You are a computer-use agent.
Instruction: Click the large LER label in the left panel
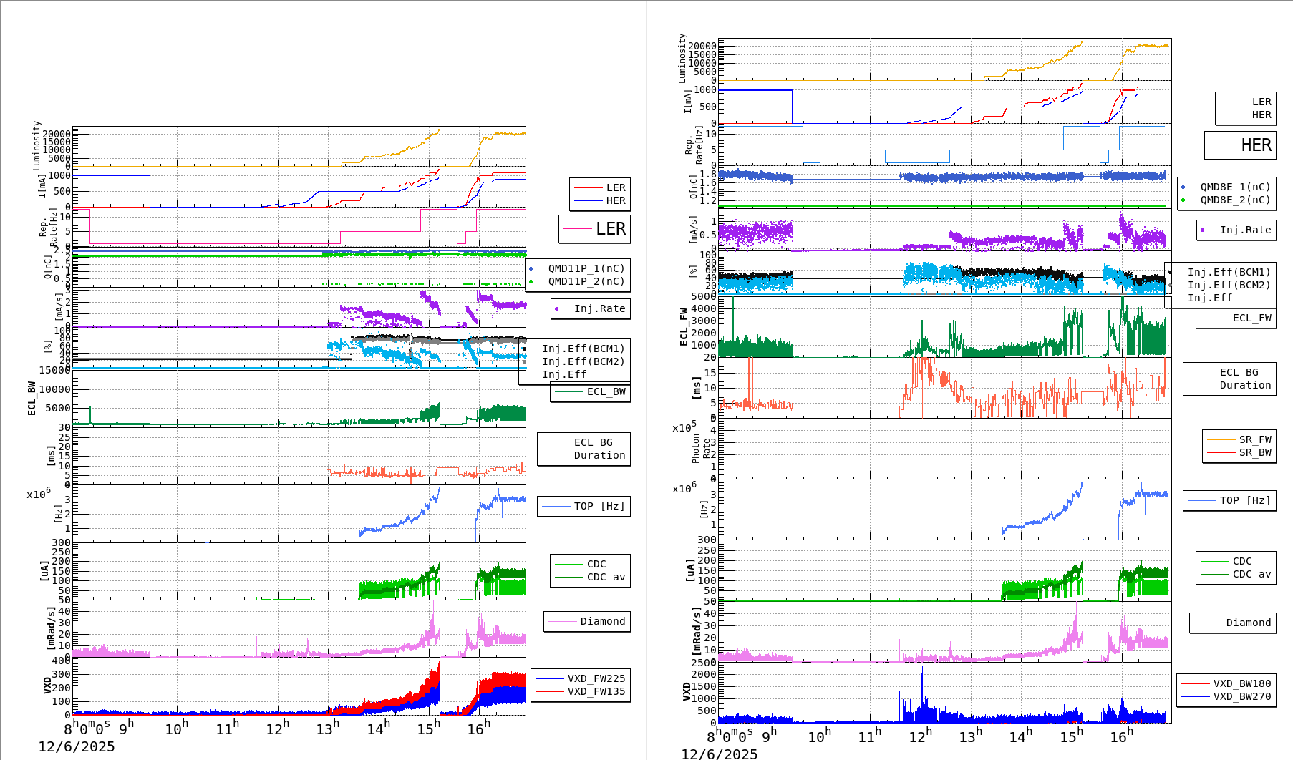click(x=611, y=229)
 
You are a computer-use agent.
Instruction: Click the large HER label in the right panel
click(x=1256, y=145)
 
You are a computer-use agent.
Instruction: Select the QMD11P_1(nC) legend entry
click(x=586, y=268)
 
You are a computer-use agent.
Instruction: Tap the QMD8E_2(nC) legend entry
click(x=1235, y=200)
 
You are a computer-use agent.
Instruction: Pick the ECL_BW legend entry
click(x=606, y=391)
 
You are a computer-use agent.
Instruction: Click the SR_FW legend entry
click(x=1255, y=439)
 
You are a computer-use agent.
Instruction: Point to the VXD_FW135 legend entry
click(x=596, y=691)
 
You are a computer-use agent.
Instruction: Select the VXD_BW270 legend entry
click(x=1241, y=696)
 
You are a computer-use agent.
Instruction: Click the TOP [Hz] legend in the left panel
click(x=599, y=506)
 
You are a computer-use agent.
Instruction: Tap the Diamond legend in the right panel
click(x=1248, y=623)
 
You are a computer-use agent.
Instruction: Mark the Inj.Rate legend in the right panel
click(x=1245, y=230)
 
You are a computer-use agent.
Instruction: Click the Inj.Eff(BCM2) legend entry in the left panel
click(x=583, y=361)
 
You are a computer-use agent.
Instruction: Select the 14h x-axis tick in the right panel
click(x=1020, y=736)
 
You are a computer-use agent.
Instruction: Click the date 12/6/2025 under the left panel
click(x=77, y=746)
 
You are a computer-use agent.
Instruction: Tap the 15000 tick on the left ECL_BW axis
click(x=54, y=370)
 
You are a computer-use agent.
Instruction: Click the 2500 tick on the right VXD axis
click(x=703, y=663)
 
